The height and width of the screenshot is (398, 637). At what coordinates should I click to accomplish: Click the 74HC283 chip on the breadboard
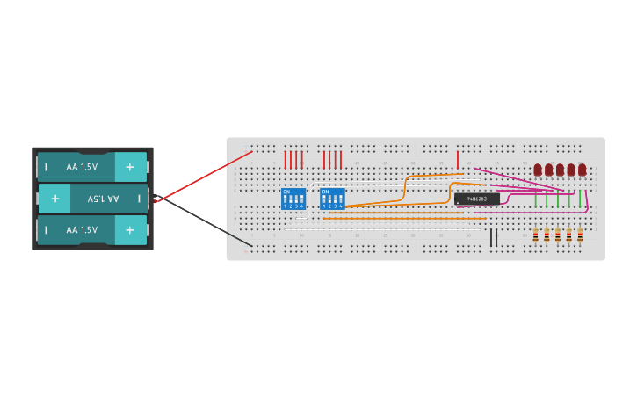[x=476, y=199]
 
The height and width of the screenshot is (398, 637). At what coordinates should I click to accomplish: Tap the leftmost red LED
[x=538, y=170]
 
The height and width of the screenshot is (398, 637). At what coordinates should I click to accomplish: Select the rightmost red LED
[x=582, y=170]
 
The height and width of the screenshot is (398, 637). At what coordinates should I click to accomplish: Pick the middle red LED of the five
[x=560, y=170]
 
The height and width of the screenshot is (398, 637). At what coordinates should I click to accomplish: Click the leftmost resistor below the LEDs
[x=536, y=235]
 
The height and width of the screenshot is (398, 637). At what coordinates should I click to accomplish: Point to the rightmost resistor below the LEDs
[x=580, y=235]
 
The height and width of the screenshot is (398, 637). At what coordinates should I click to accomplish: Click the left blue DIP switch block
[x=293, y=199]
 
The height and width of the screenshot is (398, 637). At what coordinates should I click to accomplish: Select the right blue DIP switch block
[x=332, y=199]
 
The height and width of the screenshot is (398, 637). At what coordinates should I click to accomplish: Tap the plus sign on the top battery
[x=130, y=167]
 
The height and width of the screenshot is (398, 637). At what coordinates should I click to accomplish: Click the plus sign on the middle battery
[x=54, y=199]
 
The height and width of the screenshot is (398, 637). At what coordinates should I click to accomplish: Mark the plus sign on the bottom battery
[x=130, y=230]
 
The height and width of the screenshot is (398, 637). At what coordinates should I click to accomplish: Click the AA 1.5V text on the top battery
[x=82, y=167]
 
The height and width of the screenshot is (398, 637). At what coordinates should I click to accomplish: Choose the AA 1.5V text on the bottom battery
[x=82, y=230]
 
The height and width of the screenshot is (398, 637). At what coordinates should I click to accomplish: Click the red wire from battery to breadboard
[x=202, y=177]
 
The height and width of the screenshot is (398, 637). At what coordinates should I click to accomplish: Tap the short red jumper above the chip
[x=457, y=159]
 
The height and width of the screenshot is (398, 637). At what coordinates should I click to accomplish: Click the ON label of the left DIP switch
[x=286, y=191]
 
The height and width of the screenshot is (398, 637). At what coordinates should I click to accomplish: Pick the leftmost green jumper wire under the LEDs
[x=536, y=200]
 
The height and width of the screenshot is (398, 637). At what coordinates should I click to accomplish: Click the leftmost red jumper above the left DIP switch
[x=286, y=159]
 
